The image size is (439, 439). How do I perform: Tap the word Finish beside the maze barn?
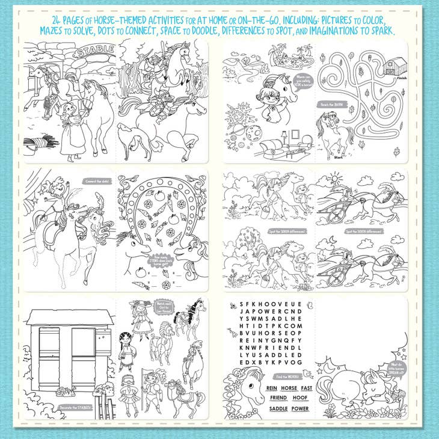(394, 78)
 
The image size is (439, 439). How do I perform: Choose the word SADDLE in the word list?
(278, 409)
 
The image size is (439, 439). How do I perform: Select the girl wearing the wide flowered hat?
(142, 318)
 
